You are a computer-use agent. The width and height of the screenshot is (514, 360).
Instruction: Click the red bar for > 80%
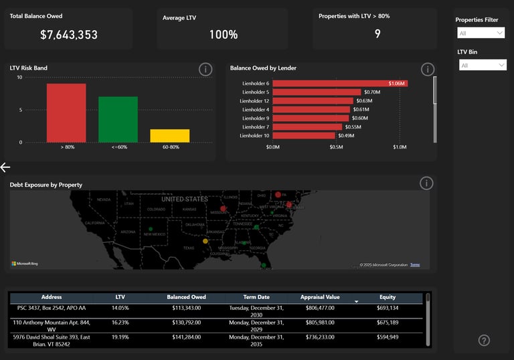point(66,112)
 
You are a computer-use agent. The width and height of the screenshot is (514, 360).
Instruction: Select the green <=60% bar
point(118,119)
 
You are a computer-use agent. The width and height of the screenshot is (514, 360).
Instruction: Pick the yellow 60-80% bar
point(169,136)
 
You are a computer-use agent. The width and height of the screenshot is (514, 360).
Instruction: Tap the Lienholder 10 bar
point(303,135)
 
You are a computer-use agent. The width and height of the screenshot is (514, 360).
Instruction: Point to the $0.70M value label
point(372,92)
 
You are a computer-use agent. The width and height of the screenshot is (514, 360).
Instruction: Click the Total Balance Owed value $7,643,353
point(68,34)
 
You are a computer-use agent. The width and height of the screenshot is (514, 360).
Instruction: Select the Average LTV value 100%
point(223,34)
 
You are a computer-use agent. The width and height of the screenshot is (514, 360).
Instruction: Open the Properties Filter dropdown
point(481,33)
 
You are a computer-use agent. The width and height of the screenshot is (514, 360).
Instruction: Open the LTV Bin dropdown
point(483,65)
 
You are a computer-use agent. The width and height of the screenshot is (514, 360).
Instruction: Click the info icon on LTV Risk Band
point(205,69)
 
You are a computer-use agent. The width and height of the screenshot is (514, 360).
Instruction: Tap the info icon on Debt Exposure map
point(426,183)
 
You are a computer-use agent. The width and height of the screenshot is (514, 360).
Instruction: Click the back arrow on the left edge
point(5,167)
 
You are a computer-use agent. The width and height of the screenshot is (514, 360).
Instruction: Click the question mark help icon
point(485,341)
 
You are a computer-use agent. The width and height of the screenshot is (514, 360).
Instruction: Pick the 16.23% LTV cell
point(120,322)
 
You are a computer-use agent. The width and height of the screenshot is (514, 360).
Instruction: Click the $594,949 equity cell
point(388,337)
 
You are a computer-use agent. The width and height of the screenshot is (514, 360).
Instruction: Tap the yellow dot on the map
point(205,241)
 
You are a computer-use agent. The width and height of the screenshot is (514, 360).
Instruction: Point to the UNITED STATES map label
point(184,199)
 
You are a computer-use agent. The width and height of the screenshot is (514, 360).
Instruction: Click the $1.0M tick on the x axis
point(400,147)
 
